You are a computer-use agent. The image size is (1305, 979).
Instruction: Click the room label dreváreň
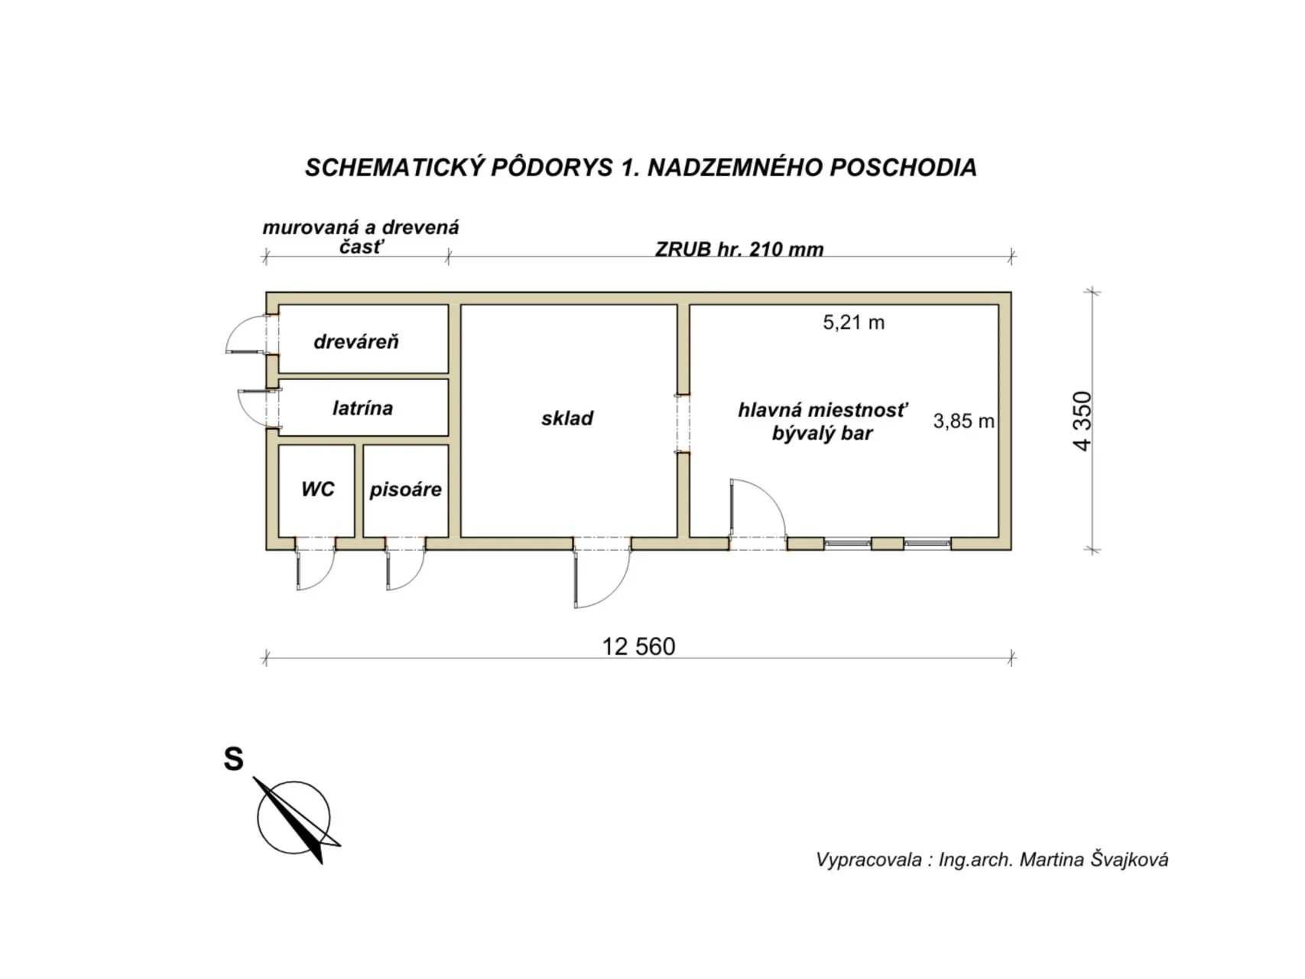tap(356, 342)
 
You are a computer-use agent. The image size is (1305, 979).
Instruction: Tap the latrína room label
tap(362, 408)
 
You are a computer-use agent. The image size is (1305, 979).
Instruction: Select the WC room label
tap(317, 489)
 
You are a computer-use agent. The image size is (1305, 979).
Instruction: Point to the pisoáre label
tap(405, 489)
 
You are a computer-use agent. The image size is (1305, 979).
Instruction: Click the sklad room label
tap(567, 418)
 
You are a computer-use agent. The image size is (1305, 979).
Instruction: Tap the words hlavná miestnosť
tap(823, 410)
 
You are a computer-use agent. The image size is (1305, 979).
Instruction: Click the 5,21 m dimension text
tap(853, 323)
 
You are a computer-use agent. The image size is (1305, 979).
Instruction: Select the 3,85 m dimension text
tap(963, 421)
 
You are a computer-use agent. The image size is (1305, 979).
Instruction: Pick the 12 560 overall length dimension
tap(638, 647)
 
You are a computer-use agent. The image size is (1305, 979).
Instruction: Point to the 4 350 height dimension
tap(1083, 421)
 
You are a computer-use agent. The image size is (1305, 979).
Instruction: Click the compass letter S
tap(233, 759)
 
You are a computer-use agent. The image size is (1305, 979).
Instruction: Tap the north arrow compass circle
tap(294, 817)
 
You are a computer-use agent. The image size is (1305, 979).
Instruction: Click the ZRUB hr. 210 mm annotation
tap(739, 249)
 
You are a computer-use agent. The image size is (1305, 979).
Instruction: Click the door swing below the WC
tap(315, 571)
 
